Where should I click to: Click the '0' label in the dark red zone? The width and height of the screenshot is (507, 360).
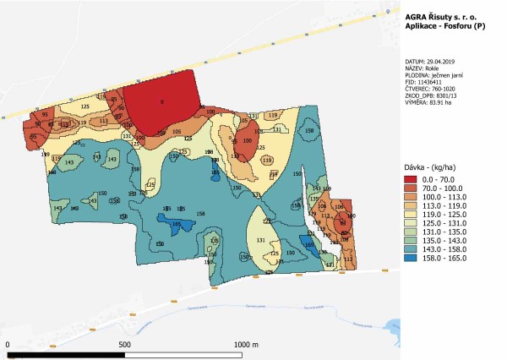click(x=161, y=102)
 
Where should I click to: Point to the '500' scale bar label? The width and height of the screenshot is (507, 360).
click(x=123, y=345)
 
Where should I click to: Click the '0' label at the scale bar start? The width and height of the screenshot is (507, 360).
click(x=7, y=345)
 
